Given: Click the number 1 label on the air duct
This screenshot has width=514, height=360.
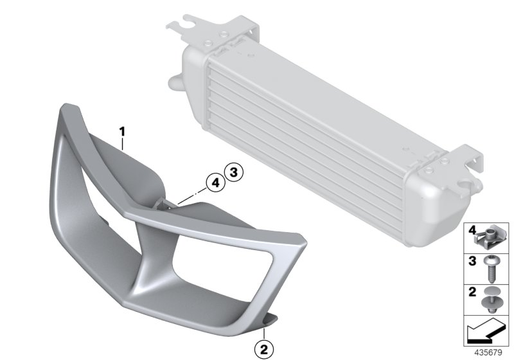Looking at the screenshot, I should click(120, 134).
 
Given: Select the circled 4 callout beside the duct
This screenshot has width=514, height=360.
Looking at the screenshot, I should click(214, 183).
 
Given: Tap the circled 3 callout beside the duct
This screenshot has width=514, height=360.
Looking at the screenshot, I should click(233, 172).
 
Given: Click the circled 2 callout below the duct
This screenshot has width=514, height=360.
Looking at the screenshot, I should click(263, 350).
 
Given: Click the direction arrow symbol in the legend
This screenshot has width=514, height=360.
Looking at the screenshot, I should click(486, 333).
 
